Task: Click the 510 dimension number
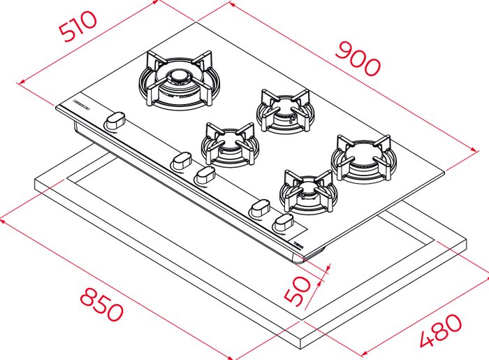(78, 26)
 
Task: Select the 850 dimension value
(102, 305)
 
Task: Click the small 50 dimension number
(298, 290)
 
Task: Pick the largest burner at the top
(180, 80)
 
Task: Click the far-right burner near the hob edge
(364, 159)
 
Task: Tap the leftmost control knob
(115, 121)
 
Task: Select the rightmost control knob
(283, 223)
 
